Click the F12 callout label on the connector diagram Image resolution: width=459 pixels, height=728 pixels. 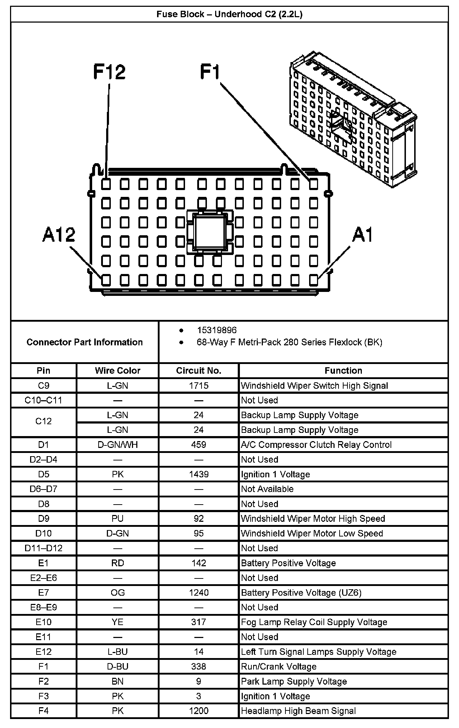click(109, 72)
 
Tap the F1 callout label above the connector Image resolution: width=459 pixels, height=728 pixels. click(210, 72)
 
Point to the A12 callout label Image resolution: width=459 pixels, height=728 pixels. click(59, 235)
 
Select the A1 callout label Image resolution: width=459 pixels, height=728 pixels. click(363, 235)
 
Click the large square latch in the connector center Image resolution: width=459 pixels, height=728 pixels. click(209, 231)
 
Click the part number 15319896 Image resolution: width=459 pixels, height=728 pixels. click(217, 330)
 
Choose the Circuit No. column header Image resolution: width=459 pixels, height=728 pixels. click(198, 370)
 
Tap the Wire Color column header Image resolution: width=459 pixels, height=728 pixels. click(118, 370)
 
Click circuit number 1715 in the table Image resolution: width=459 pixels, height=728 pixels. click(199, 386)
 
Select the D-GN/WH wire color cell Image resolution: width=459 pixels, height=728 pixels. click(118, 445)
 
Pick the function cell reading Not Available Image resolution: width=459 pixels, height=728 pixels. click(267, 489)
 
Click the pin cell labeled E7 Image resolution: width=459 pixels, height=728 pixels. click(43, 592)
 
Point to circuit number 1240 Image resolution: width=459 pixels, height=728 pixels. click(199, 592)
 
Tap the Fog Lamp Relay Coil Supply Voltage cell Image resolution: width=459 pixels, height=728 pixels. click(314, 622)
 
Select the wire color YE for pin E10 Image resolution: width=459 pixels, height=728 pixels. click(118, 622)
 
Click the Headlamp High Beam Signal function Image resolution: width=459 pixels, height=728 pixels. click(298, 711)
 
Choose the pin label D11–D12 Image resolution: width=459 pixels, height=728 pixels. click(43, 548)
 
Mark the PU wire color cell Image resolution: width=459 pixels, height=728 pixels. click(118, 519)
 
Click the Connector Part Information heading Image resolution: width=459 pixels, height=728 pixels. click(85, 342)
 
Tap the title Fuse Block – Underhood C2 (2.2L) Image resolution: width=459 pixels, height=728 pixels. click(229, 14)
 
